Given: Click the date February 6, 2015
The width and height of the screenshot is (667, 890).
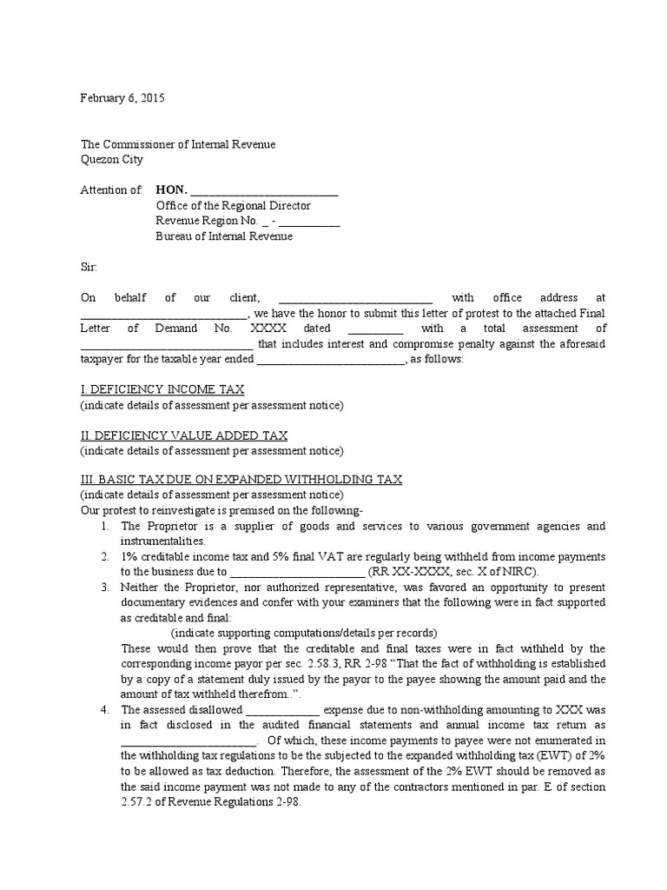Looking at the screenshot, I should click(122, 98).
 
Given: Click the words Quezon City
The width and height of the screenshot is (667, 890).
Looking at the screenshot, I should click(112, 159).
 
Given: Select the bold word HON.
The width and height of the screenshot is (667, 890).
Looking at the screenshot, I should click(170, 190).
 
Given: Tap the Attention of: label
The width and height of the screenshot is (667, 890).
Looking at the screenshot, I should click(111, 190).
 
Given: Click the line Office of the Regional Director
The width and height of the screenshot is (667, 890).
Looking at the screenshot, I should click(233, 206).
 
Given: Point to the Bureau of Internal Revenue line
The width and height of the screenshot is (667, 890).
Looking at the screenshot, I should click(224, 236).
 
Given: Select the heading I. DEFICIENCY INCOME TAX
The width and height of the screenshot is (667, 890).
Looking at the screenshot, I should click(162, 389).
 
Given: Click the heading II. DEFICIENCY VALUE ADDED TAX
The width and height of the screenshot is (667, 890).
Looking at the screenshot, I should click(184, 435).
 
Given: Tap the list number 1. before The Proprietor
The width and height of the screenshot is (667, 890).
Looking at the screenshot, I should click(104, 527).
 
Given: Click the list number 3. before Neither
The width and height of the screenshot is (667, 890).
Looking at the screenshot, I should click(104, 587).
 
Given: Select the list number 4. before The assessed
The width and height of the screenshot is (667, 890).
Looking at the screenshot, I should click(104, 710).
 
